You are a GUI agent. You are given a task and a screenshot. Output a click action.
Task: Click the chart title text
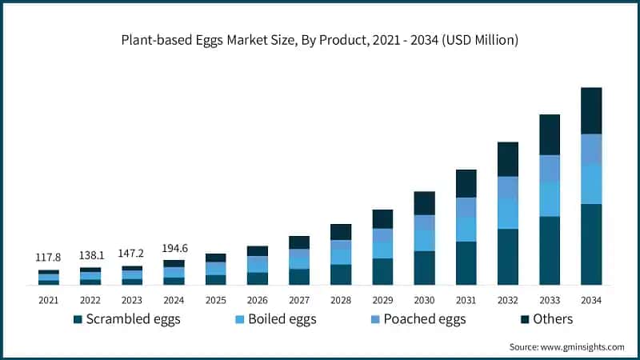(x=320, y=40)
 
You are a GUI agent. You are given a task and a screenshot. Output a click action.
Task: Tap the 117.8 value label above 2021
(x=49, y=257)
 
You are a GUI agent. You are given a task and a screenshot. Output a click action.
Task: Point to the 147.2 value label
(x=132, y=251)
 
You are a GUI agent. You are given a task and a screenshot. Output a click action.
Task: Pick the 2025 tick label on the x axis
(x=215, y=299)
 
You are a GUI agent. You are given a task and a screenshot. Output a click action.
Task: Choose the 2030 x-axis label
(x=424, y=299)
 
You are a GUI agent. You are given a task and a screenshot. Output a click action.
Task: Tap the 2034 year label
(x=590, y=299)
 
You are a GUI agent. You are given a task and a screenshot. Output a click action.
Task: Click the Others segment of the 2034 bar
(x=591, y=110)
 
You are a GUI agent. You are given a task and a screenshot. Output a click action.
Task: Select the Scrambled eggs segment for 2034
(x=591, y=244)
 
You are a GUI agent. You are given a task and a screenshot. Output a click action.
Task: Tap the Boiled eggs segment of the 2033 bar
(x=550, y=199)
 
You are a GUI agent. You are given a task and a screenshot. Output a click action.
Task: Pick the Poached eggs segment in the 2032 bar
(x=508, y=187)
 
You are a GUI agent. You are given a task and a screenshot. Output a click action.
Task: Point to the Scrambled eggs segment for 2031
(x=466, y=262)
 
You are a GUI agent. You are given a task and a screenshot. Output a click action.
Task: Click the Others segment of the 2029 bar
(x=382, y=218)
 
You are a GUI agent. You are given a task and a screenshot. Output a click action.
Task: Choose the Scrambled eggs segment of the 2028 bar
(x=341, y=274)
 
